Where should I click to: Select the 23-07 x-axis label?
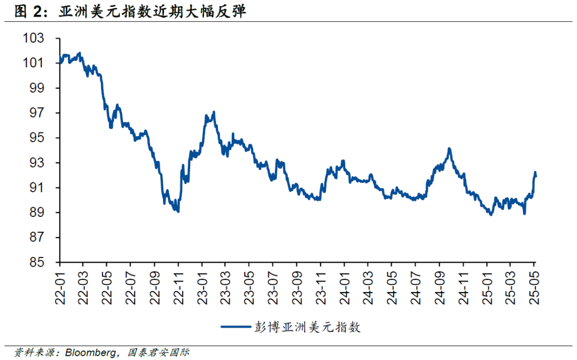coord(272,287)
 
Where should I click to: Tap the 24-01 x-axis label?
coord(344,287)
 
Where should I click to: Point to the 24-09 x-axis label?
coord(439,287)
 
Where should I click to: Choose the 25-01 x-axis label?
coord(486,287)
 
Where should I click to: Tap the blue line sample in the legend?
coord(235,327)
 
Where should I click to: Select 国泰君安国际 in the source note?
coord(159,353)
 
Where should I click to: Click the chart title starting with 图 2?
coord(130,11)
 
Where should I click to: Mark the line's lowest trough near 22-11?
coord(178,212)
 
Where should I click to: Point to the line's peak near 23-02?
coord(214,112)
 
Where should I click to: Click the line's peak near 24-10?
coord(449,148)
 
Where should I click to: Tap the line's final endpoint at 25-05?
coord(536,175)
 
